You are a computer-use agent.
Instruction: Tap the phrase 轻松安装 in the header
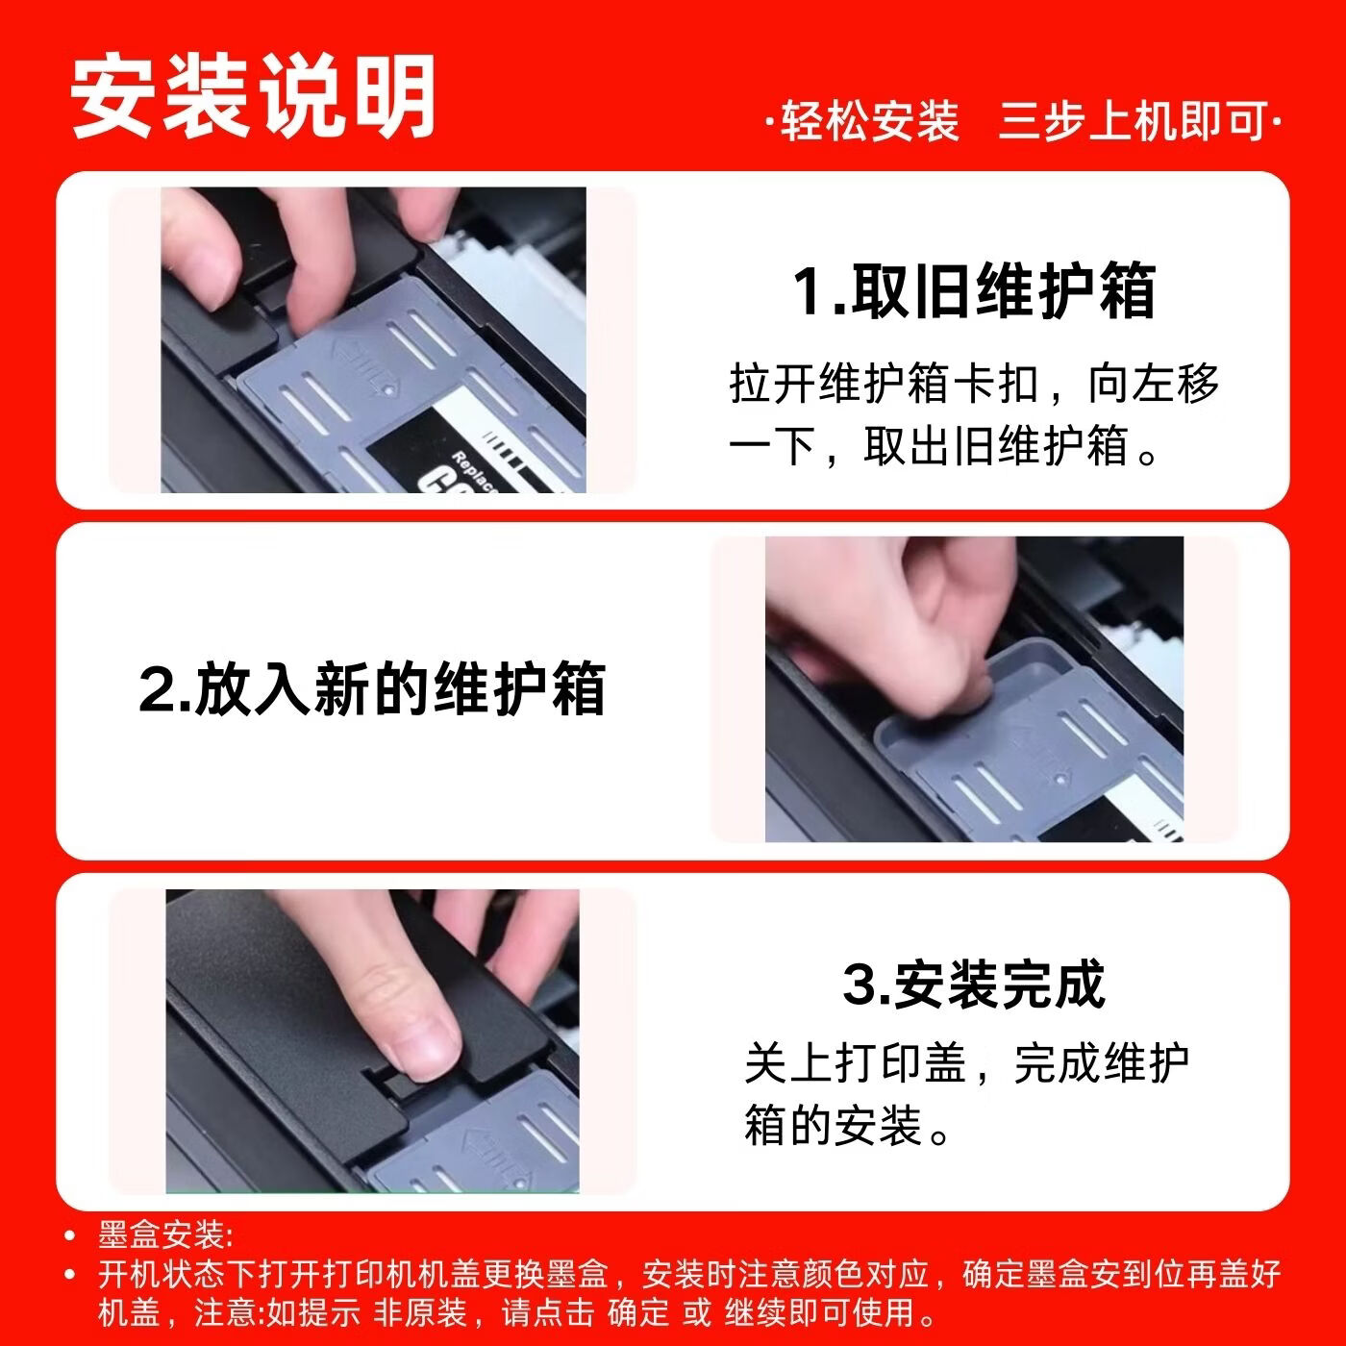[869, 122]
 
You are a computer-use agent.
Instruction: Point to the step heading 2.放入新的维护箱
[372, 689]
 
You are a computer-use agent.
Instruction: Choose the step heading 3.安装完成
[973, 984]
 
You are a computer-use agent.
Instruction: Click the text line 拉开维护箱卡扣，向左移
[973, 385]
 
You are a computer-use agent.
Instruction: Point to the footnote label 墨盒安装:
[165, 1235]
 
